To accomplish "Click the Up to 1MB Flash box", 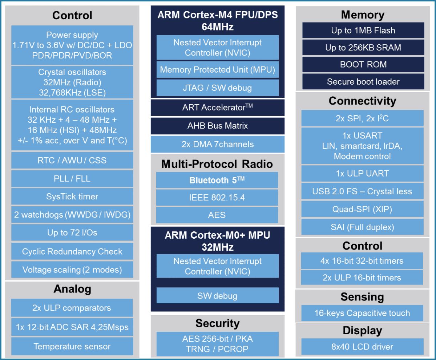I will tap(363, 31).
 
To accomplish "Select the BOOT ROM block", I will tap(363, 65).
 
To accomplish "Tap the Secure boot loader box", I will tap(363, 82).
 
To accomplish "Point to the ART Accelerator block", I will tap(217, 108).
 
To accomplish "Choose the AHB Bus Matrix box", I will tap(217, 126).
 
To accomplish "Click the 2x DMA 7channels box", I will tap(217, 144).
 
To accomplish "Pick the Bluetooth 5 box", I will tap(217, 180).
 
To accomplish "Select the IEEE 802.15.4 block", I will tap(217, 198).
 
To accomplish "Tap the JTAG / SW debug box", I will tap(217, 88).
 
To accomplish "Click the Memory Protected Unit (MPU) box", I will tap(217, 69).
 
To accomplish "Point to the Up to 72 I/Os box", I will tap(72, 232).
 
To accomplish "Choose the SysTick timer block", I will tap(72, 197).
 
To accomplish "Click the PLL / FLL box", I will tap(72, 179).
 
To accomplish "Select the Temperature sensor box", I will tap(72, 346).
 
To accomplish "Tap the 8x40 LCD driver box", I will tap(362, 347).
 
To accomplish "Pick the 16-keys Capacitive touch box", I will tap(362, 313).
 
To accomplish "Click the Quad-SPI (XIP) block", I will tap(362, 209).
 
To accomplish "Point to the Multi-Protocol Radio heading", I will tap(217, 164).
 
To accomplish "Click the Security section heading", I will tap(217, 323).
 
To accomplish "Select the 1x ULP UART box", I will tap(362, 174).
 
